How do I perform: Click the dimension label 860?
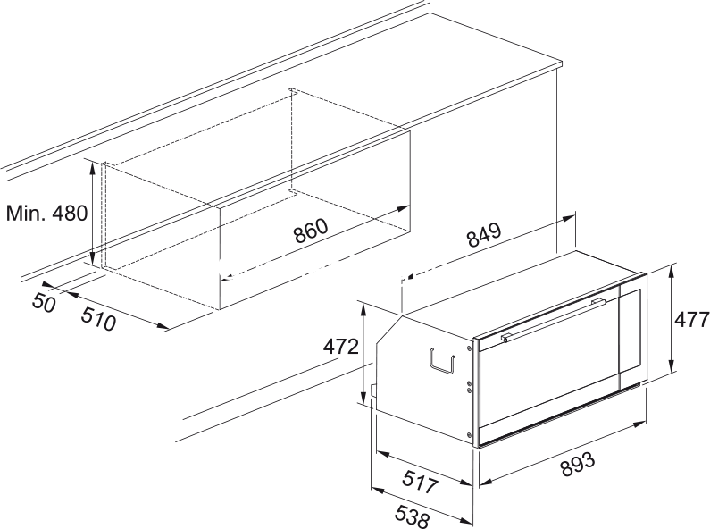click(310, 231)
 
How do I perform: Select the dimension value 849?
click(485, 235)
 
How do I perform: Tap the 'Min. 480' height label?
click(46, 213)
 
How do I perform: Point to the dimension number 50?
click(44, 302)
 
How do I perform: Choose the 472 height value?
click(340, 347)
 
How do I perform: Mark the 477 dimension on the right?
click(692, 320)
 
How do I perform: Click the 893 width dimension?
click(578, 465)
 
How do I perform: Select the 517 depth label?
click(421, 482)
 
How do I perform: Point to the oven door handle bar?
click(554, 319)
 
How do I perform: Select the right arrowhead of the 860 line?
click(404, 208)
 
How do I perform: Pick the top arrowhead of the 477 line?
click(672, 270)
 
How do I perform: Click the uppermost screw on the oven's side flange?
click(469, 348)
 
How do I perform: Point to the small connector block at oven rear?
click(373, 390)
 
